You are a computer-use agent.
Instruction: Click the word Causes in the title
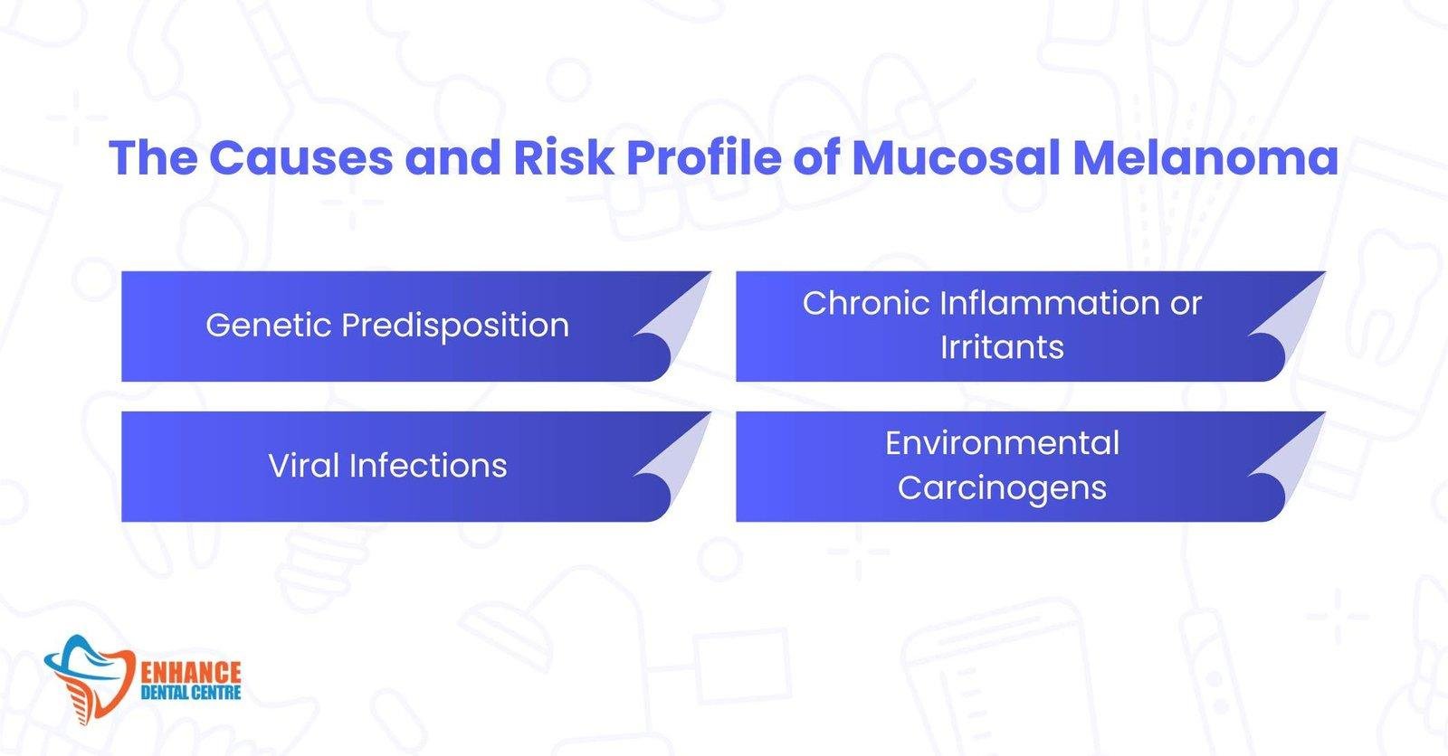click(x=300, y=157)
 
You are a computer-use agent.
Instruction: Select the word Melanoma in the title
click(x=1205, y=157)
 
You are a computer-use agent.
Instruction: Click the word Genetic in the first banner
click(x=269, y=326)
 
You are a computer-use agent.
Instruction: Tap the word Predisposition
click(x=455, y=326)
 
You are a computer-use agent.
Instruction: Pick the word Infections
click(x=428, y=466)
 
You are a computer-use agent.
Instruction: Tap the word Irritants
click(x=1002, y=347)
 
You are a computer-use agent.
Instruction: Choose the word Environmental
click(x=1002, y=443)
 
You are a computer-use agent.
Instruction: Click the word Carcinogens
click(x=1002, y=488)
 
